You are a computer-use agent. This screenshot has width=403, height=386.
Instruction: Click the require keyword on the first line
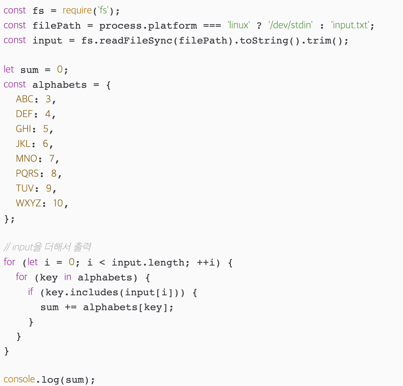coord(77,11)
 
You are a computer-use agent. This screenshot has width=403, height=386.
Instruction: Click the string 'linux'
coord(238,25)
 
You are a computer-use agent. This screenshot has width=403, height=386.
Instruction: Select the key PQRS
coord(27,173)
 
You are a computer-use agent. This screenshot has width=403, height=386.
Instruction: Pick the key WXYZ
coord(28,203)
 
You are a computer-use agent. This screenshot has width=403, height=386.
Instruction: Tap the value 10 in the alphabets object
coord(58,203)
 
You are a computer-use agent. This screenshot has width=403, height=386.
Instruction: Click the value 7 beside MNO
coord(52,159)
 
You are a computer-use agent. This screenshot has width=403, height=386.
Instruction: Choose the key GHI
coord(24,129)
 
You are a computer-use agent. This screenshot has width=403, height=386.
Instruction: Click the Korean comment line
coord(47,247)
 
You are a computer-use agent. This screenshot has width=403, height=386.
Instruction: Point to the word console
coord(19,379)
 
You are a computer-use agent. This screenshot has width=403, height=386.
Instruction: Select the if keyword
coord(30,292)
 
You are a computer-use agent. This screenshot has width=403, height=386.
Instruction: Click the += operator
coord(71,307)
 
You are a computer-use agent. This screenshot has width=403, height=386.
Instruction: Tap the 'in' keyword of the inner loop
coord(68,277)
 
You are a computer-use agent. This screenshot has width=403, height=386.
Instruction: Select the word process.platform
coord(148,25)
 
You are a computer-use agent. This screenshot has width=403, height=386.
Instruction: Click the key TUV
coord(25,188)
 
